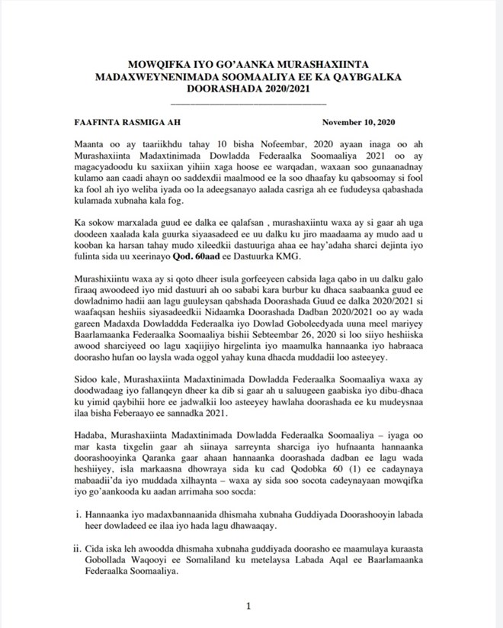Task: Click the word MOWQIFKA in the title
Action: (x=153, y=65)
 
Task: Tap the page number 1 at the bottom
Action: (x=248, y=606)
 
